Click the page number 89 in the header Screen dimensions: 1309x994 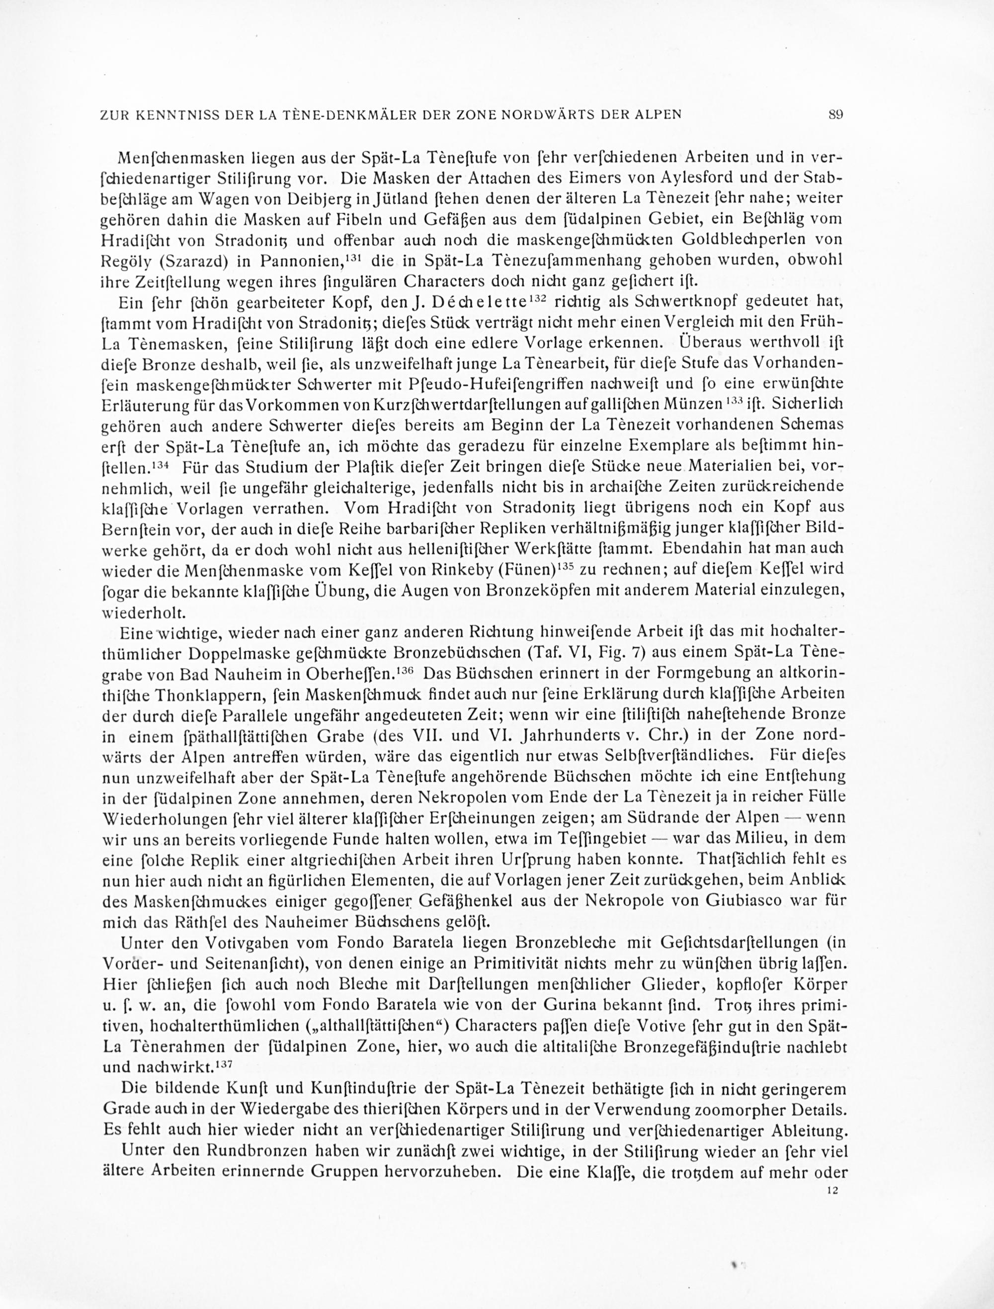tap(835, 115)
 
